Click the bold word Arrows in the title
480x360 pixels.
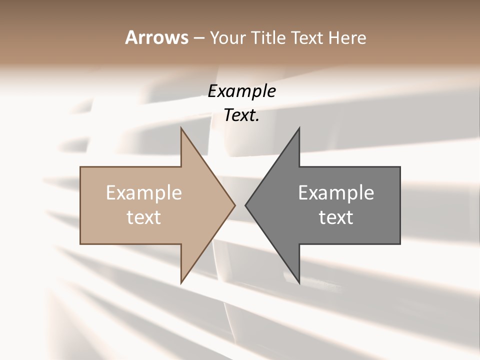[x=156, y=37]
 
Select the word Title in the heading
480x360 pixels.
[x=268, y=37]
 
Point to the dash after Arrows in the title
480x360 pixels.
[x=198, y=38]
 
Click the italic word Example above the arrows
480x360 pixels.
[x=241, y=91]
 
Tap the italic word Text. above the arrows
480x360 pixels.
[x=241, y=115]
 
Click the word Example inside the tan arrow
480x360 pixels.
[x=144, y=192]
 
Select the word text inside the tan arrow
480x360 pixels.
[x=144, y=217]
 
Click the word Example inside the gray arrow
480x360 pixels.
[x=336, y=192]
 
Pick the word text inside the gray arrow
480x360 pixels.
[x=336, y=217]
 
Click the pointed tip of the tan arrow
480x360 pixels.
[x=234, y=205]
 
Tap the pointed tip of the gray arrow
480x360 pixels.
[x=246, y=205]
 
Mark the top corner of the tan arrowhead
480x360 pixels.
[x=181, y=128]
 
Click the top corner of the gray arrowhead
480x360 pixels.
[x=299, y=128]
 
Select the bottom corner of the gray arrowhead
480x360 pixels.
[x=299, y=282]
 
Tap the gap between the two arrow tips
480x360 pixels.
[x=240, y=205]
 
